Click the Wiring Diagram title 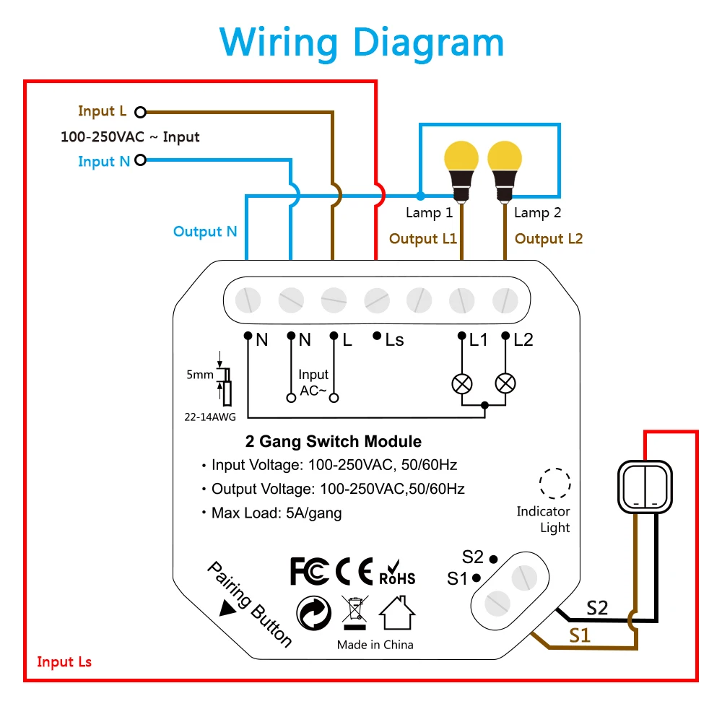pyautogui.click(x=362, y=43)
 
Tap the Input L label pyautogui.click(x=103, y=111)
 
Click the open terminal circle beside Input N pyautogui.click(x=141, y=160)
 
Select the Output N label pyautogui.click(x=205, y=231)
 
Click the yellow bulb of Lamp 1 pyautogui.click(x=461, y=157)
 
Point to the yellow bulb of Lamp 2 pyautogui.click(x=505, y=157)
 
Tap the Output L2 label pyautogui.click(x=549, y=238)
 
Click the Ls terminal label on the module pyautogui.click(x=395, y=340)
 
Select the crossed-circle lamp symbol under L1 pyautogui.click(x=462, y=384)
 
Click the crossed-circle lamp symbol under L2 pyautogui.click(x=505, y=384)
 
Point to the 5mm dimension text pyautogui.click(x=200, y=375)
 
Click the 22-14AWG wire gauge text pyautogui.click(x=210, y=417)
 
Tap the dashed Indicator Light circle pyautogui.click(x=554, y=484)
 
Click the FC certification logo pyautogui.click(x=310, y=571)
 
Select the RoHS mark pyautogui.click(x=397, y=573)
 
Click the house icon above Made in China pyautogui.click(x=397, y=612)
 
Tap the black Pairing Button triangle pyautogui.click(x=227, y=608)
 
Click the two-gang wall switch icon pyautogui.click(x=645, y=487)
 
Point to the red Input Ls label pyautogui.click(x=64, y=661)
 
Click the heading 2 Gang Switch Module pyautogui.click(x=334, y=441)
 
